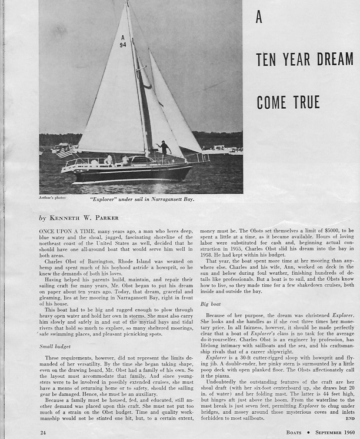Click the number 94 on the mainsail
click(123, 45)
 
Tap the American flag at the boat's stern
click(64, 152)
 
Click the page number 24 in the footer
click(43, 433)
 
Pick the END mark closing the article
click(351, 420)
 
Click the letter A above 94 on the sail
click(122, 38)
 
